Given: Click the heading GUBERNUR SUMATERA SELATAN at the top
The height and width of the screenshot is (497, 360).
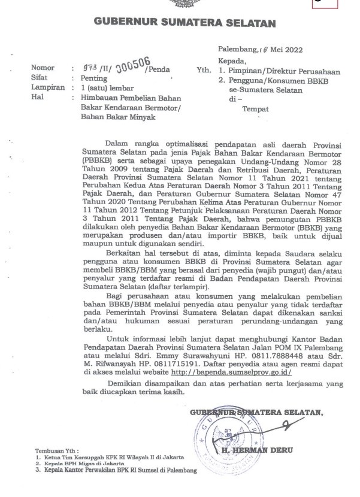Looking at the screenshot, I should (184, 24).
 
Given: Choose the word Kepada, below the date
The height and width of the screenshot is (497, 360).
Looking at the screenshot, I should (232, 60).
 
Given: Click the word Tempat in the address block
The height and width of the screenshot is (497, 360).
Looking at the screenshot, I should (255, 109).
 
